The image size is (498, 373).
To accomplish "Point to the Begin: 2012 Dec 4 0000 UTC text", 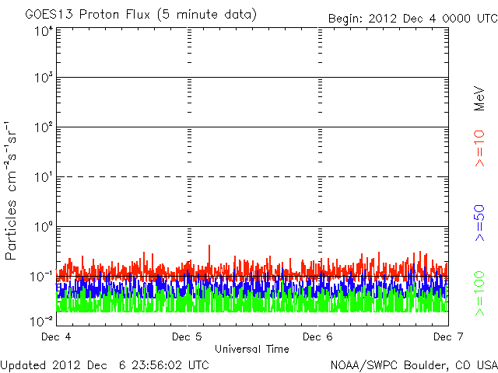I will pos(412,17).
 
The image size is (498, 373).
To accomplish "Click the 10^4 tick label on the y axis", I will pos(43,30).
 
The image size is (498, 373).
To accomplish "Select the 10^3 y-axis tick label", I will pos(43,79).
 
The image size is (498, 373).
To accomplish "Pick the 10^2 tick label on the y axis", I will pos(43,128).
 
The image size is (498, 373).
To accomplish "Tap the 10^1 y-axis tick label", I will pos(43,178).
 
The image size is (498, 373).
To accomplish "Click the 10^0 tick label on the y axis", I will pos(43,227).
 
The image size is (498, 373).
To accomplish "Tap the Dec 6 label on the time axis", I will pos(317,337).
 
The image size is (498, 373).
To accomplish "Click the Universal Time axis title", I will pos(251,349).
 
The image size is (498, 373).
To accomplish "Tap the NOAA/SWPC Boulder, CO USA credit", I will pos(413,364).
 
